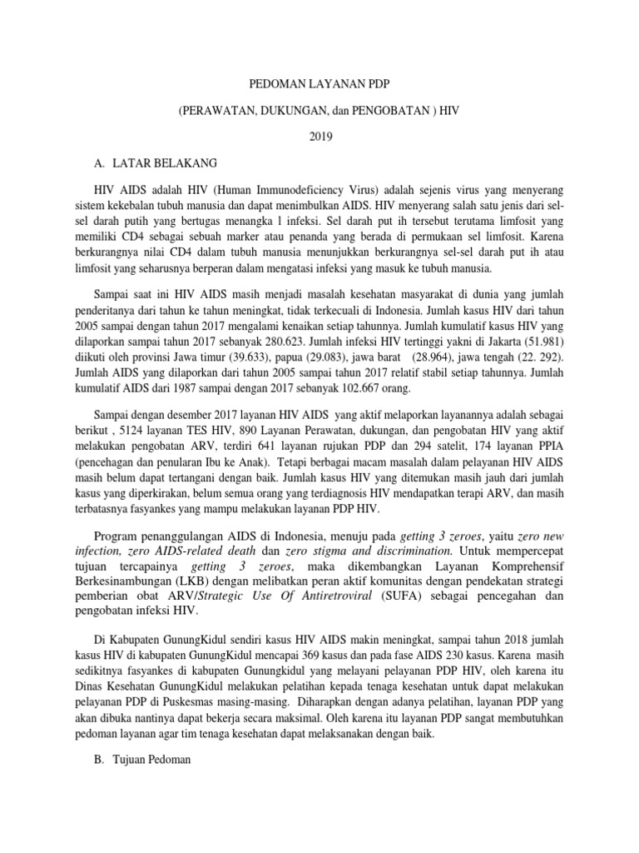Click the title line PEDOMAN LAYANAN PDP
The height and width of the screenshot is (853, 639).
point(320,85)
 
